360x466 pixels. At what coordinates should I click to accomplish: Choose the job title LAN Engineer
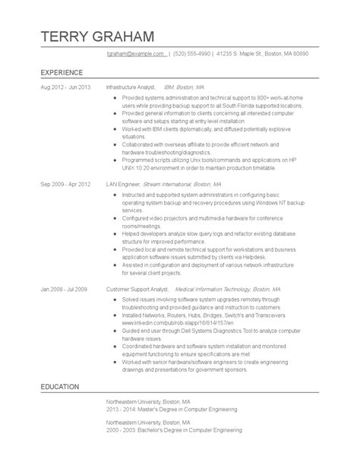pos(124,185)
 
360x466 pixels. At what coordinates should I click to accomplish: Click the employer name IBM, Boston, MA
pos(190,87)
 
